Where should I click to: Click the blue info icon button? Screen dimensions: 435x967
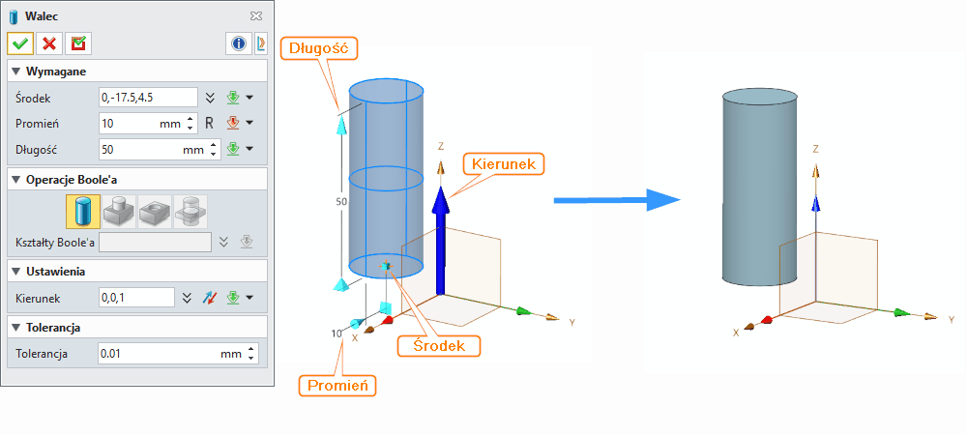click(x=238, y=43)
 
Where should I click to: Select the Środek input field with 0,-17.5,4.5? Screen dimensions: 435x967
click(x=148, y=98)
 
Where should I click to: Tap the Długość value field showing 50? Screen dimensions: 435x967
click(x=139, y=150)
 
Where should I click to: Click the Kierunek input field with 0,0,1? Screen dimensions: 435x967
click(x=136, y=298)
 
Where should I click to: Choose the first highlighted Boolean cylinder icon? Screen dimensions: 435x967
click(x=82, y=211)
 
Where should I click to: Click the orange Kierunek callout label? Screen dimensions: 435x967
click(x=504, y=163)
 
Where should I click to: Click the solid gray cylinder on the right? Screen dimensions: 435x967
click(x=759, y=188)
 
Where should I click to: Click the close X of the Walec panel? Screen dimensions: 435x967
click(x=255, y=16)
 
